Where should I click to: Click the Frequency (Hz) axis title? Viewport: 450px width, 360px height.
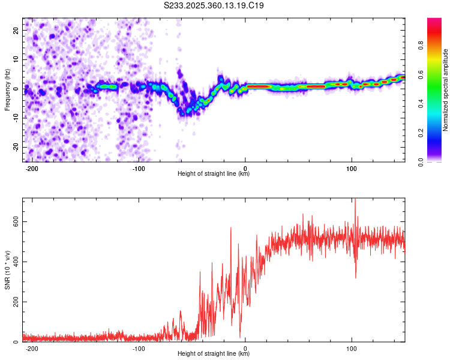7,89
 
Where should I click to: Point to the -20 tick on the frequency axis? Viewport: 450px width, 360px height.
15,147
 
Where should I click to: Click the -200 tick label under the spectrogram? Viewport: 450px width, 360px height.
32,169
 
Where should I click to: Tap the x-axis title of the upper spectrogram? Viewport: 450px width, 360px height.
214,174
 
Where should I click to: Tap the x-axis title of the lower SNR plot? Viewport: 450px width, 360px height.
214,354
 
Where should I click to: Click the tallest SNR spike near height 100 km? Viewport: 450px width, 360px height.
355,200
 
